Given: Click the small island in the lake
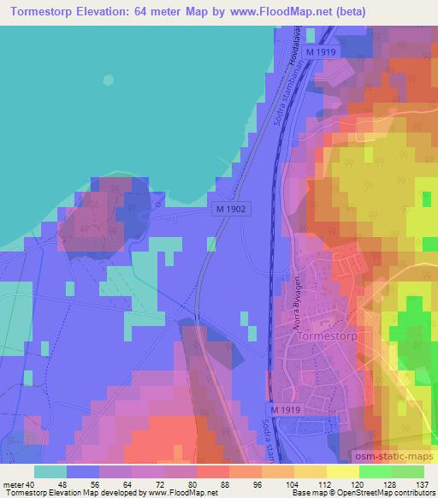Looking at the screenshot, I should [x=108, y=80].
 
